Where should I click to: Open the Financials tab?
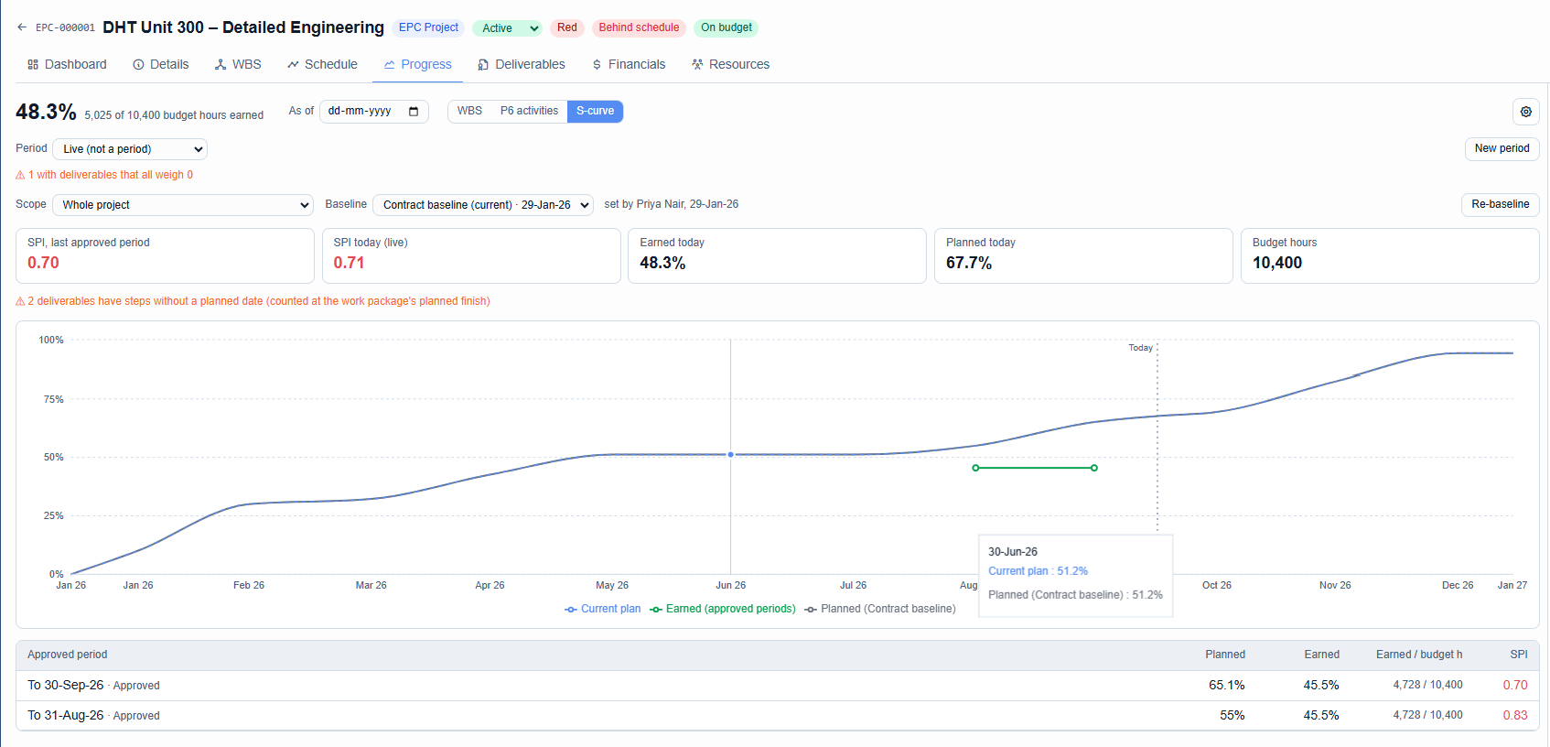coord(629,64)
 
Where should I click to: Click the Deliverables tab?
coord(521,64)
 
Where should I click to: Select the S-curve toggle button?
coord(595,111)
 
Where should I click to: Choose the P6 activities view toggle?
coord(529,111)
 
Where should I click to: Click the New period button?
coord(1502,148)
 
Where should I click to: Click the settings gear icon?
coord(1526,112)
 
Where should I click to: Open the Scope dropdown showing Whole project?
coord(183,205)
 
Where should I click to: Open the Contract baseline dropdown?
coord(483,205)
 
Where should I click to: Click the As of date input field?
coord(373,112)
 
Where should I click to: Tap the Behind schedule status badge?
coord(639,27)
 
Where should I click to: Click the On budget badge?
coord(726,27)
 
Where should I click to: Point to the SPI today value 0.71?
coord(349,263)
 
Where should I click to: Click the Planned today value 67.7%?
coord(969,263)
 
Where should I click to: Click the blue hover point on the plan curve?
coord(731,455)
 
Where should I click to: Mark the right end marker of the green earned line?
coord(1094,468)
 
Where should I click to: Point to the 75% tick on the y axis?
coord(53,399)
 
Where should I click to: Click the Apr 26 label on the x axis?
coord(490,585)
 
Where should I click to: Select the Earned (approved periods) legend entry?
coord(723,609)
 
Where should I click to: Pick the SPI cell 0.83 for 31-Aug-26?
coord(1514,715)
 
